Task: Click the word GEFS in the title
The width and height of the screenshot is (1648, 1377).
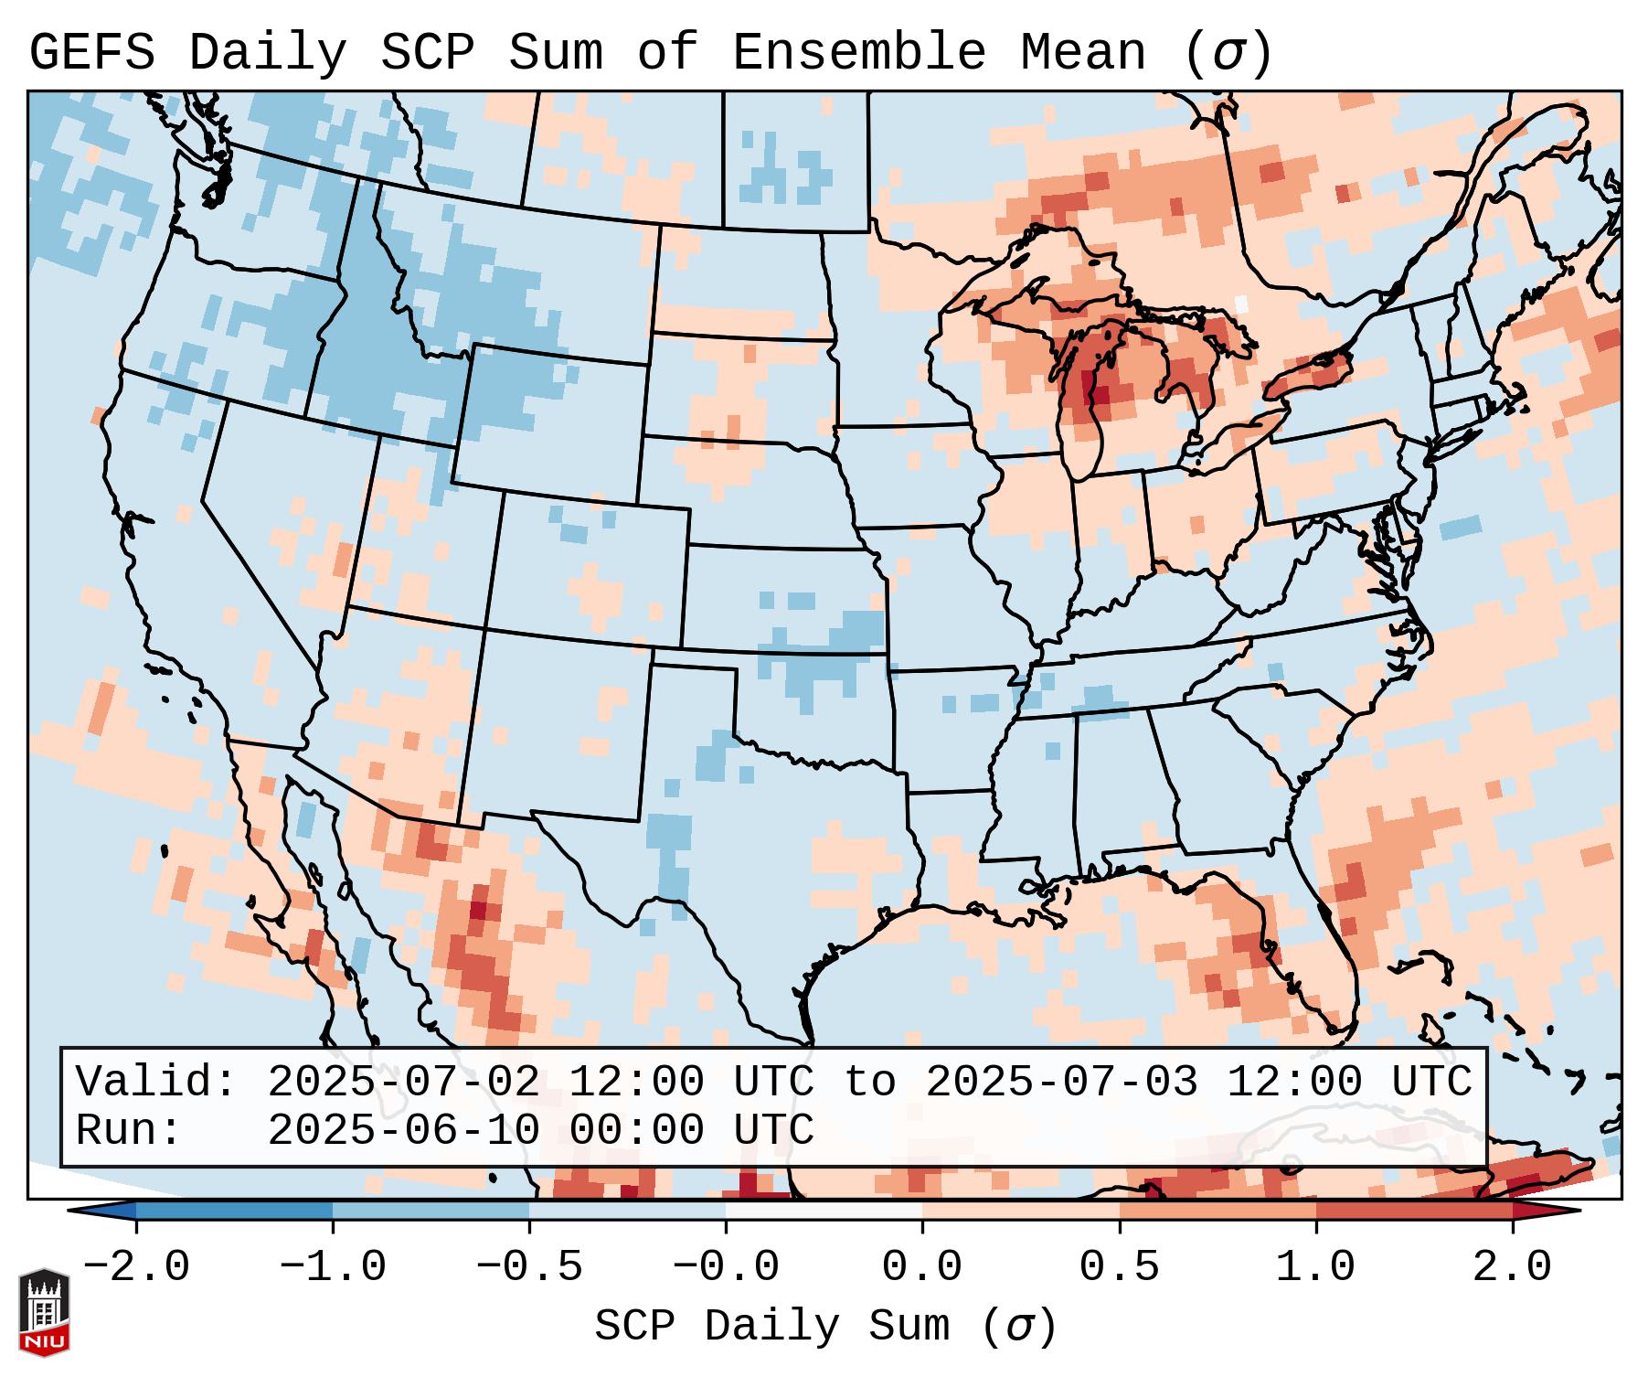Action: point(91,53)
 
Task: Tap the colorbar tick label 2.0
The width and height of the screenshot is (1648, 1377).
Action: point(1512,1267)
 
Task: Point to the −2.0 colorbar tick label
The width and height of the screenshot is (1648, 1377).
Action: point(135,1267)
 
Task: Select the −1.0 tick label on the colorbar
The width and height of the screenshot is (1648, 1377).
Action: point(332,1267)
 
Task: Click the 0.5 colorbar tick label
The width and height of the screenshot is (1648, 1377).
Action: point(1119,1267)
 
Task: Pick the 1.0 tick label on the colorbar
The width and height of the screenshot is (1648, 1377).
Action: point(1315,1267)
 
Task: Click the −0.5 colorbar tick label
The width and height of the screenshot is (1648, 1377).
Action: point(528,1267)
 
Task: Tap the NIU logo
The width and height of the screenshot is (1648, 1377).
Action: point(44,1312)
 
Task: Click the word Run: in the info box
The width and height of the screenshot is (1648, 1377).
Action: point(129,1130)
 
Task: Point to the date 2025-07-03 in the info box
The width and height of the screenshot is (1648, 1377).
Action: point(1061,1082)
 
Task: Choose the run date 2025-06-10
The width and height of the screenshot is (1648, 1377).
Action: point(403,1130)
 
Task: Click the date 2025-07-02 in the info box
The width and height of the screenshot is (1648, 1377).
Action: point(403,1082)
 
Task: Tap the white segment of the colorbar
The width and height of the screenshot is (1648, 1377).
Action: point(824,1211)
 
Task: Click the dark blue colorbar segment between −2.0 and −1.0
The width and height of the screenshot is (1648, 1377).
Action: point(234,1211)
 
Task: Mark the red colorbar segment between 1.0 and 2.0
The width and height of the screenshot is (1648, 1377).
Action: point(1414,1211)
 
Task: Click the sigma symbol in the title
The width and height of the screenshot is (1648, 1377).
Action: point(1228,53)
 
